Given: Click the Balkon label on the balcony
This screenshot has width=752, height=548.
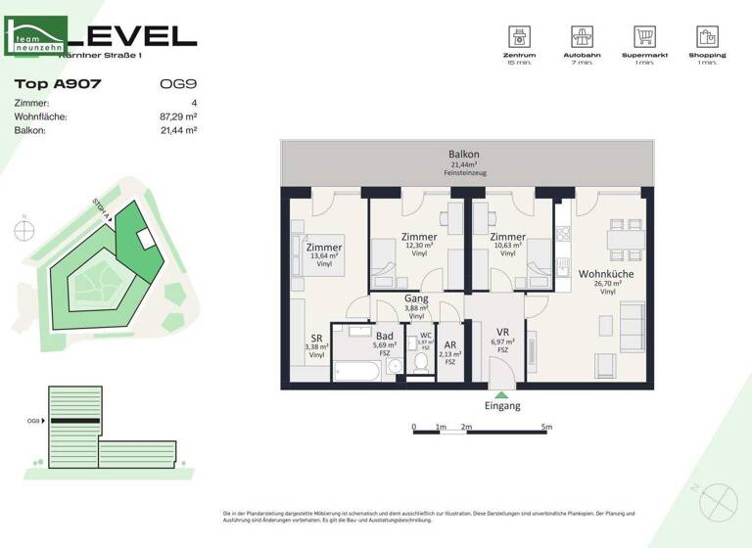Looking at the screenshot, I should click(x=464, y=156).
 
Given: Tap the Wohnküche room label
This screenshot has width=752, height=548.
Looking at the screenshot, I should click(x=606, y=274).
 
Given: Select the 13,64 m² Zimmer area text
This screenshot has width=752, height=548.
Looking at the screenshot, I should click(x=324, y=255).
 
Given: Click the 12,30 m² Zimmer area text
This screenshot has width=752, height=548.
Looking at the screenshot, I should click(x=419, y=246).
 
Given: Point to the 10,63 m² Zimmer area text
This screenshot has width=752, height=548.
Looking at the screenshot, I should click(x=507, y=246).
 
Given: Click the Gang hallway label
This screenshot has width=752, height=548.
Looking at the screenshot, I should click(x=416, y=299).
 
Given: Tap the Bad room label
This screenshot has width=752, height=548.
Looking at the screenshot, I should click(x=385, y=336).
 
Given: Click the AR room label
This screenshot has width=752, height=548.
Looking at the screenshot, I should click(x=450, y=345).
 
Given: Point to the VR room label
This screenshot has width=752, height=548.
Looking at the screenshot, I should click(x=502, y=331).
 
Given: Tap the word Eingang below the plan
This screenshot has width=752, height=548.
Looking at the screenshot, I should click(x=502, y=406).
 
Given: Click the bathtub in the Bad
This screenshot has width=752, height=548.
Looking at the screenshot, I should click(x=357, y=370).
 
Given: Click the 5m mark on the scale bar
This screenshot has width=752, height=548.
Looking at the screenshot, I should click(x=546, y=428).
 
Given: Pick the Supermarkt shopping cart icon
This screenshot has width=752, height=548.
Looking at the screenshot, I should click(x=644, y=37).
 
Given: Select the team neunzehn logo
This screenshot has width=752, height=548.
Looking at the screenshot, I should click(x=36, y=38).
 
